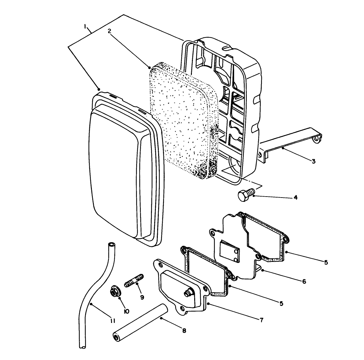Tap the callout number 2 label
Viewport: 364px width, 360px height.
coord(109,31)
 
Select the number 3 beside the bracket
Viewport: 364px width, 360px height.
coord(313,161)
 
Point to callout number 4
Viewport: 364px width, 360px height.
coord(295,197)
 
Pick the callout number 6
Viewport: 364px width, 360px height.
coord(304,281)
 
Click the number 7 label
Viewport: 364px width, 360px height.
coord(261,320)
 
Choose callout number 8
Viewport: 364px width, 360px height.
coord(184,330)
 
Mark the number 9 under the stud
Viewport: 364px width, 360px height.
coord(142,297)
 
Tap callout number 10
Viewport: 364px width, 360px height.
coord(126,311)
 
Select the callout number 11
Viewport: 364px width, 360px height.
coord(112,321)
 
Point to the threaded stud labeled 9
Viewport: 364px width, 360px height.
coord(134,280)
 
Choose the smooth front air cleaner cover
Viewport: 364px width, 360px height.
coord(117,169)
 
